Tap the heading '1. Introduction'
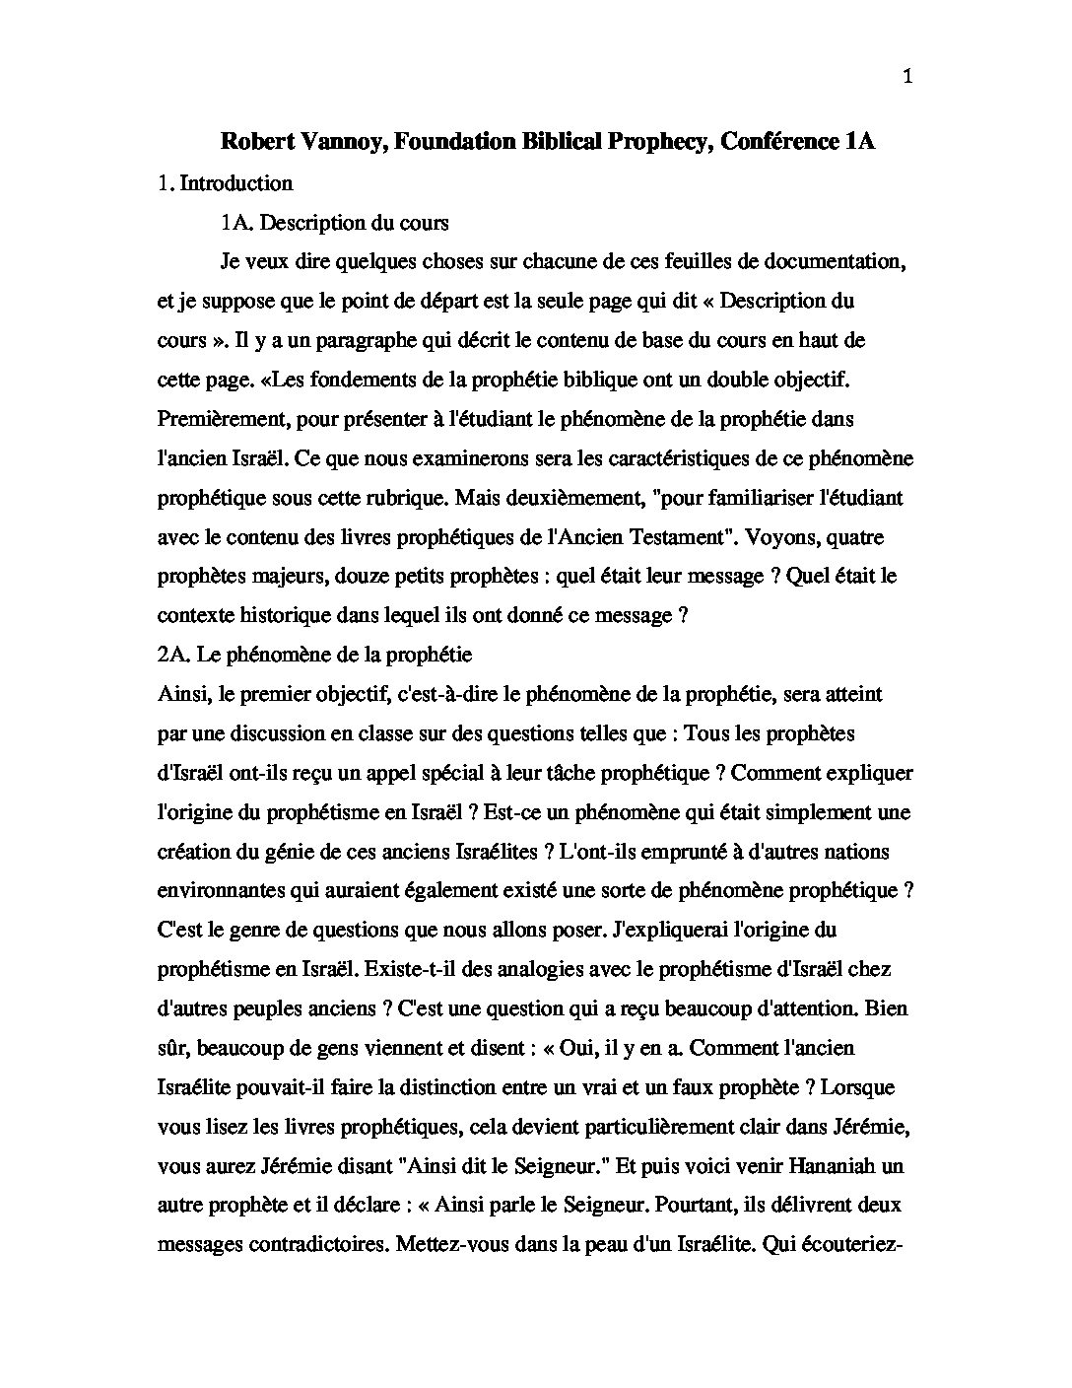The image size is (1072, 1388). [225, 183]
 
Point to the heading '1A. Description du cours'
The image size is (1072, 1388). [335, 223]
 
